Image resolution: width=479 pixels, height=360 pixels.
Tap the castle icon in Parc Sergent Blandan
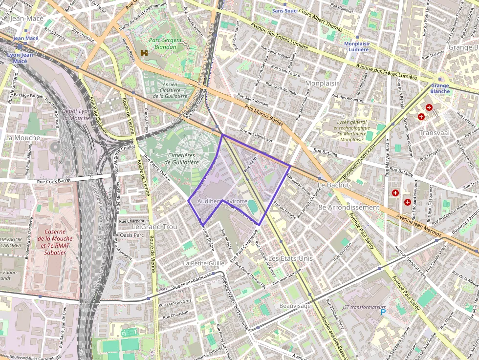coord(144,52)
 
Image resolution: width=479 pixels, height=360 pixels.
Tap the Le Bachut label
coord(333,185)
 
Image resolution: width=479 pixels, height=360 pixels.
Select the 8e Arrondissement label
coord(348,207)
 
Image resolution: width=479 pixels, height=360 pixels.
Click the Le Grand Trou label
coord(154,227)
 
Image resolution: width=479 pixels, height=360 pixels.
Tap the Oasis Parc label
coord(132,235)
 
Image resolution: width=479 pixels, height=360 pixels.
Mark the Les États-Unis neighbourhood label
coord(287,257)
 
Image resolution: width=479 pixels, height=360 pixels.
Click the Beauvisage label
coord(295,306)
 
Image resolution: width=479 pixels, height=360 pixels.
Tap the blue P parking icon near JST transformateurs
coord(383,312)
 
